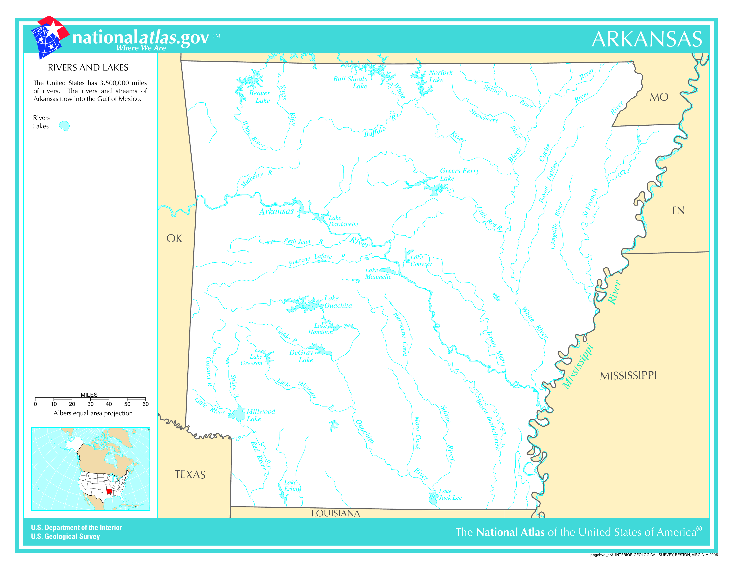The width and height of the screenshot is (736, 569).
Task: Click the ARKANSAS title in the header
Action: click(647, 39)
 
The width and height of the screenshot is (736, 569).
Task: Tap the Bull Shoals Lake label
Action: click(350, 82)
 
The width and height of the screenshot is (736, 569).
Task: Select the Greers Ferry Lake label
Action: click(459, 174)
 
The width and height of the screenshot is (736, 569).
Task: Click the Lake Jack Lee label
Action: click(450, 494)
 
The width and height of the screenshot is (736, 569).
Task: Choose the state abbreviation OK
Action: click(174, 239)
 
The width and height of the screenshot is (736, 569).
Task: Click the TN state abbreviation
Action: click(677, 211)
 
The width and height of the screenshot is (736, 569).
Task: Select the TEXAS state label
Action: click(190, 475)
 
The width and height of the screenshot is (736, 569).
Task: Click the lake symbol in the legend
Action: click(64, 126)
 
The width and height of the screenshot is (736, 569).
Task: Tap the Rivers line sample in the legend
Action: click(64, 117)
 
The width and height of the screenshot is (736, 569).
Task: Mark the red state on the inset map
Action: click(109, 491)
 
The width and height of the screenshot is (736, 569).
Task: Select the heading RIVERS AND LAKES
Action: click(88, 67)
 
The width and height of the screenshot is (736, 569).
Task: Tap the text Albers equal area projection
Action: click(93, 413)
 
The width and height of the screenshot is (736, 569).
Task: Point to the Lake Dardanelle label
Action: click(343, 221)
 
